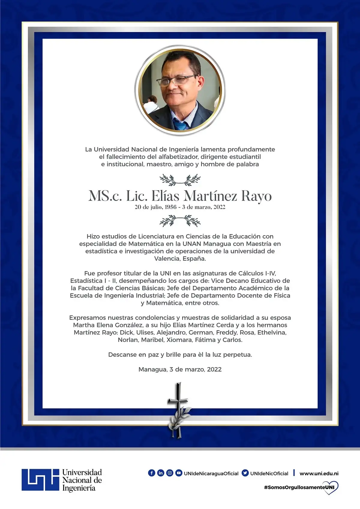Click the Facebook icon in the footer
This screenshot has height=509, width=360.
151,473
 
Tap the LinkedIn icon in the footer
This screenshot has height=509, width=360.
161,473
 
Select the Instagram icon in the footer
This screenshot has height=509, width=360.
170,473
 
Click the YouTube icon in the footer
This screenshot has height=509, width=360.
179,473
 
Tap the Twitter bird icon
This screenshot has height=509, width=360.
245,473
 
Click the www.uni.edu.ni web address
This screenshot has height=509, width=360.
319,474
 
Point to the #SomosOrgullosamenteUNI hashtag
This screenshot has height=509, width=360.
299,487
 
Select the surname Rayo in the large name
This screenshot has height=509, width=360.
256,196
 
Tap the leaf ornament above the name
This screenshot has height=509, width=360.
180,180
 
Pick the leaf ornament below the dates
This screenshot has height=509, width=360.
180,221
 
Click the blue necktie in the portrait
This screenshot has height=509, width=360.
181,125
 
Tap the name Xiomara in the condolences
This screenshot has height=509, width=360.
179,340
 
